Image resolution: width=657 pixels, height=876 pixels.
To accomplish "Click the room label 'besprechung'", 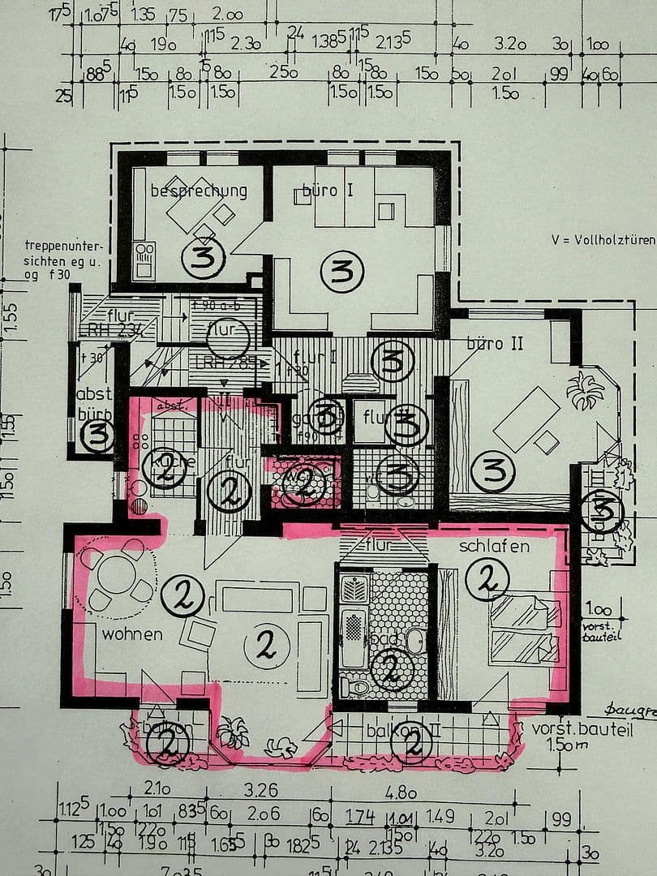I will (199, 191).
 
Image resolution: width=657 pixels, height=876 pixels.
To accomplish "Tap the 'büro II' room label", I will (495, 344).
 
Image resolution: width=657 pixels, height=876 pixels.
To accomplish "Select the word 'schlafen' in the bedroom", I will (494, 546).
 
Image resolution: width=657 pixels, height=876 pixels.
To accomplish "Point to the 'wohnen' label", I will (131, 633).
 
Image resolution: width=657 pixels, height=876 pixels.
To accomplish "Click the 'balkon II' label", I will (403, 730).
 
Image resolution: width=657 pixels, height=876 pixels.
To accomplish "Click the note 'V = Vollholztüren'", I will (603, 239).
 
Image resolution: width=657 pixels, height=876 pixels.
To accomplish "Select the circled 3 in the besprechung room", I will (202, 258).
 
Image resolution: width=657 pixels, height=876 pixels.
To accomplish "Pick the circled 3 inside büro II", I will (494, 472).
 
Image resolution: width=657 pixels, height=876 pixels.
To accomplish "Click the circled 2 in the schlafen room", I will (487, 578).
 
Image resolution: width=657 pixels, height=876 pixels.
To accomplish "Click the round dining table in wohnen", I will (119, 574).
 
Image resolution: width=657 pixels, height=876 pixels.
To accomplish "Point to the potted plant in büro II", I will (586, 392).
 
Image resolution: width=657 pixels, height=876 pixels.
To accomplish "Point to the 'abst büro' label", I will (94, 401).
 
